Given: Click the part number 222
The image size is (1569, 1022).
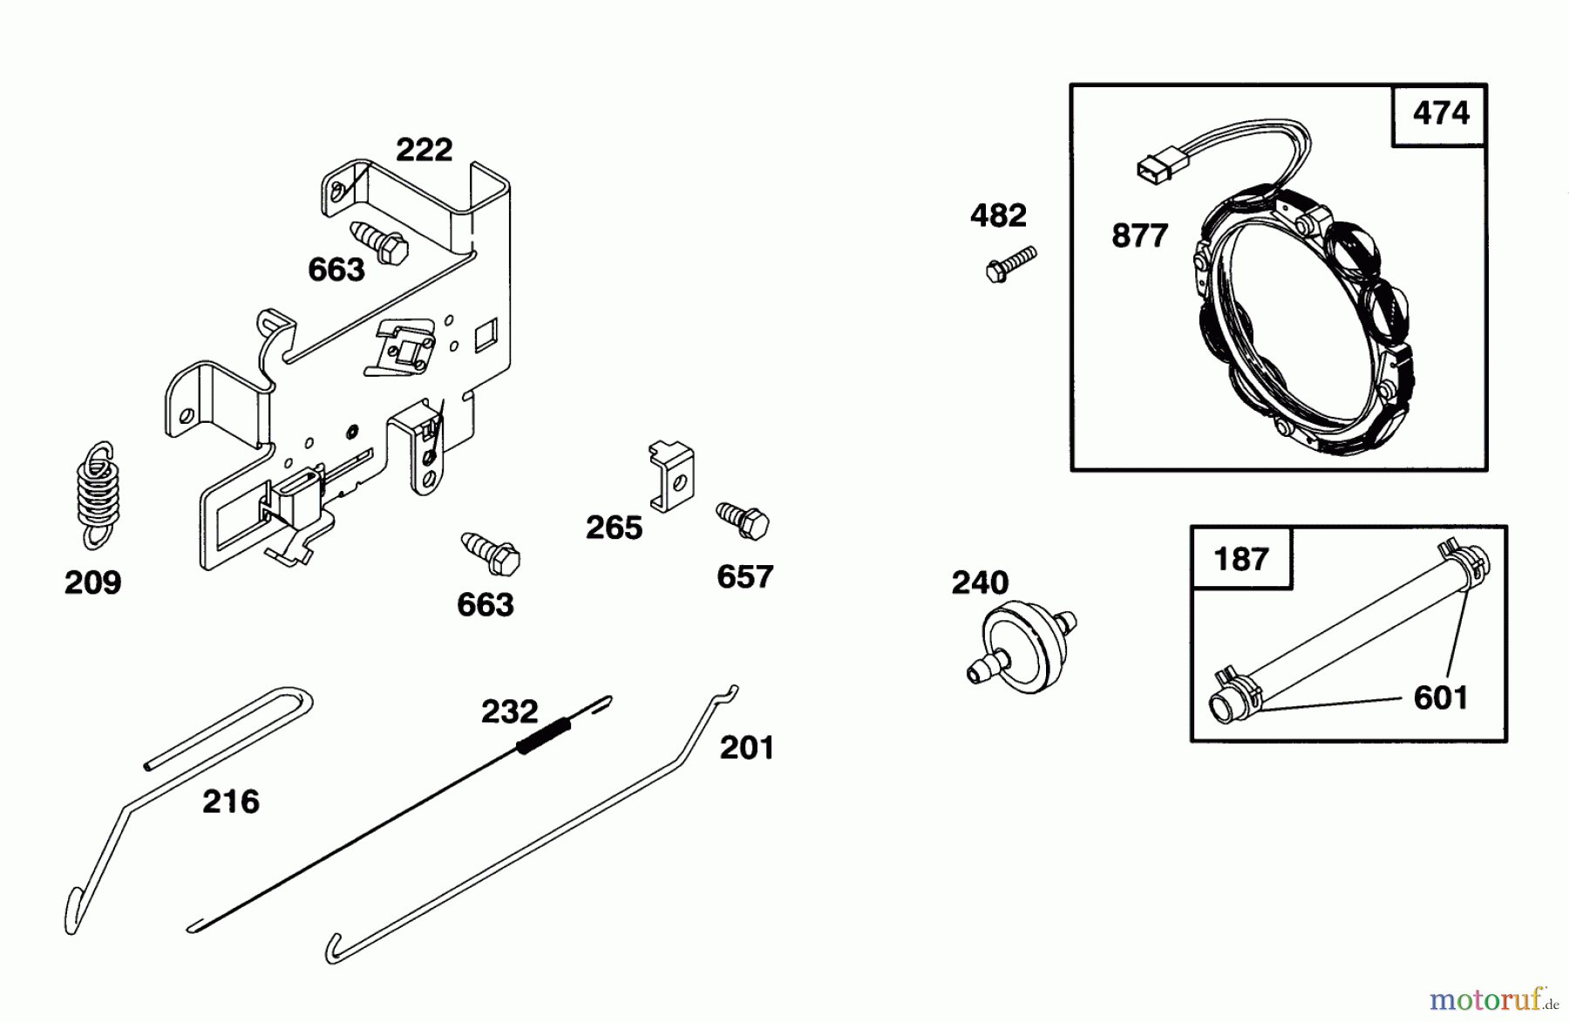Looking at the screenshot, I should pyautogui.click(x=424, y=150).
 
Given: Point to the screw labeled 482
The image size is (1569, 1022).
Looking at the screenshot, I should pyautogui.click(x=1012, y=262).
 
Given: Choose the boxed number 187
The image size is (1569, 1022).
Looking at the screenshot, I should pyautogui.click(x=1241, y=558).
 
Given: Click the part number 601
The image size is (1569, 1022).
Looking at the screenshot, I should pyautogui.click(x=1440, y=698).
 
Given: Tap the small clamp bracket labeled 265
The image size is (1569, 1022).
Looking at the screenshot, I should pyautogui.click(x=671, y=476).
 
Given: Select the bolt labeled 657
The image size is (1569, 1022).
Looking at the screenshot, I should pyautogui.click(x=743, y=521).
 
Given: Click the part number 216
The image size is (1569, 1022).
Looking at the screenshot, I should pyautogui.click(x=230, y=801).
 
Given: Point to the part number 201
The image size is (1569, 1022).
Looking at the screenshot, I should pyautogui.click(x=746, y=747).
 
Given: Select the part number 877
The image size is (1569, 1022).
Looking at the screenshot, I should pyautogui.click(x=1139, y=236).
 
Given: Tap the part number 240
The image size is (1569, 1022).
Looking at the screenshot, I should pyautogui.click(x=980, y=583).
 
